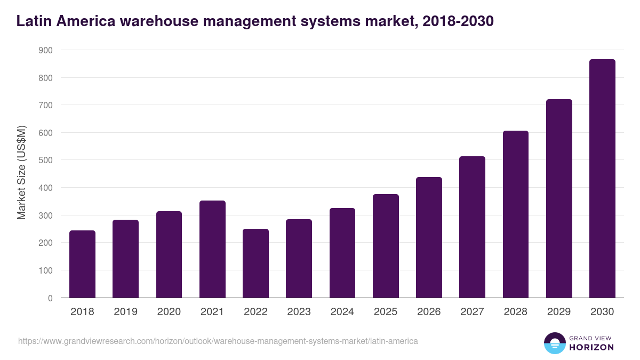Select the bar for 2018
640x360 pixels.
[82, 264]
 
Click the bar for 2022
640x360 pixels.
[255, 263]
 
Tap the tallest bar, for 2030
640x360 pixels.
[602, 179]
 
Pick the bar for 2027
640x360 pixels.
[472, 227]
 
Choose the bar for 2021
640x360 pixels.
[212, 249]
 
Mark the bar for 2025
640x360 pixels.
[386, 246]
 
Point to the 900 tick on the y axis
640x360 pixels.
[46, 50]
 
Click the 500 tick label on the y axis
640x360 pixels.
[46, 160]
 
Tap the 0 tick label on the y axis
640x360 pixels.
[50, 298]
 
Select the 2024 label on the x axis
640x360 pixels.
[342, 312]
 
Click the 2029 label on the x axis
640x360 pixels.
[559, 312]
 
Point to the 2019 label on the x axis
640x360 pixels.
[125, 312]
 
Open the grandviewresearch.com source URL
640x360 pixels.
[218, 341]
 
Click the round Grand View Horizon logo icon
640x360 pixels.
[554, 343]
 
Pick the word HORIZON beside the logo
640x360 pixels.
[591, 347]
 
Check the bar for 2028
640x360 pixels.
[515, 214]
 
